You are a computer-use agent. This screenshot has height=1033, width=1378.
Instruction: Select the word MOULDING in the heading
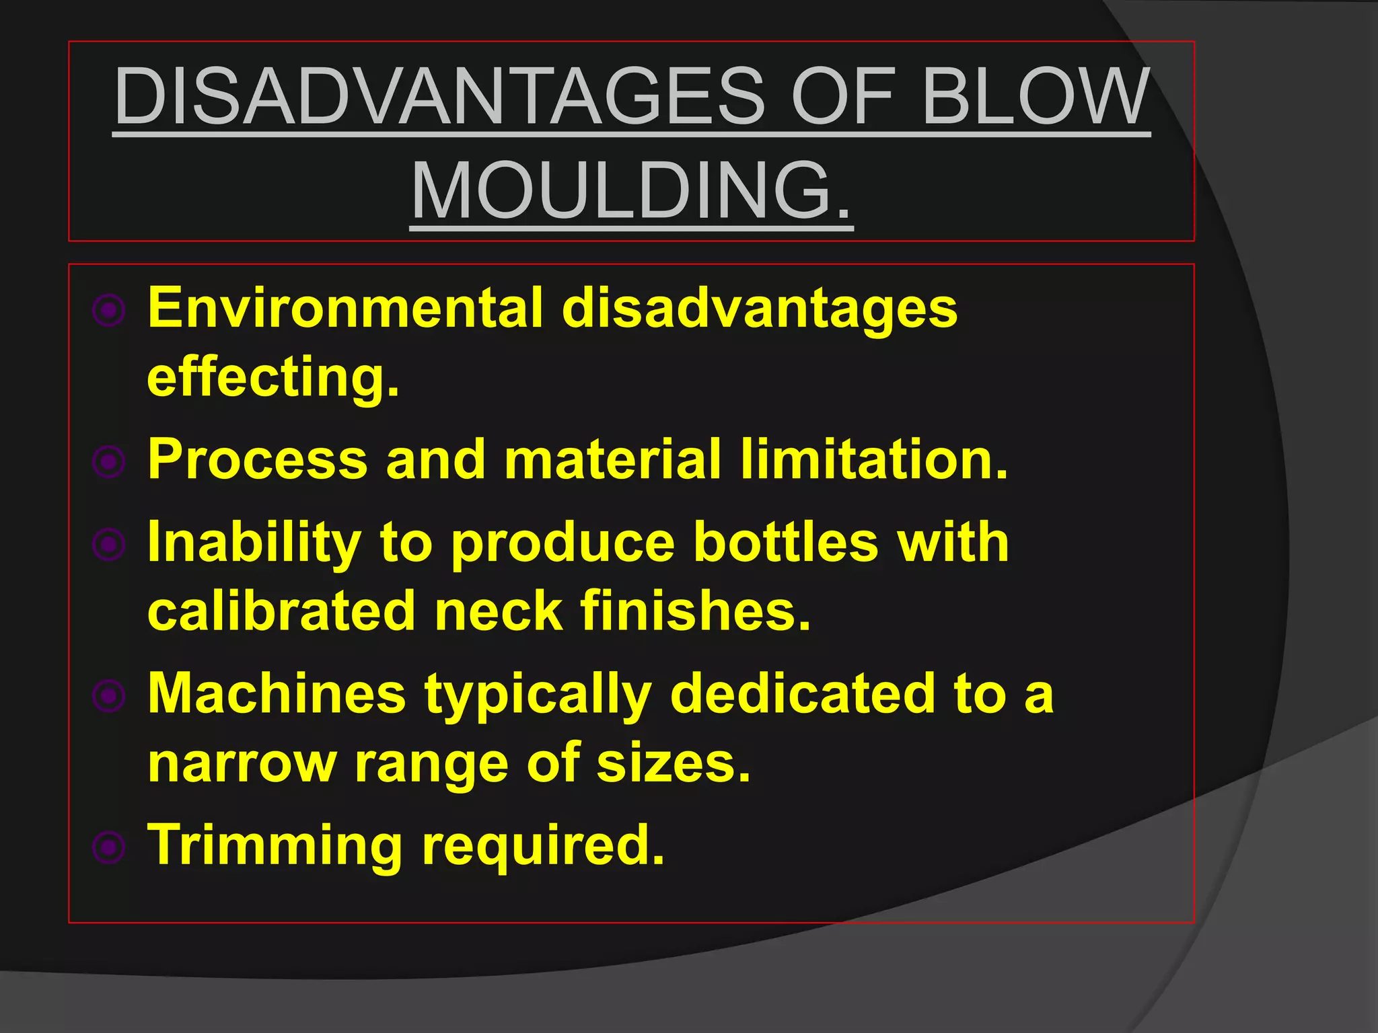click(x=631, y=192)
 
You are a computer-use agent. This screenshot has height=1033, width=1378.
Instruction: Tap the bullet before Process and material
click(x=109, y=461)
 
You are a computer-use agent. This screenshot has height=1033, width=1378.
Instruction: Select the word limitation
click(x=874, y=459)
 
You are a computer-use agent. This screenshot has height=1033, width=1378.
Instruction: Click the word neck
click(x=499, y=611)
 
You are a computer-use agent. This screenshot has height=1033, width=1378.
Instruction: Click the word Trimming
click(x=275, y=846)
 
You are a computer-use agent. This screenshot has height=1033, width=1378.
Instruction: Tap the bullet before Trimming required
click(x=109, y=847)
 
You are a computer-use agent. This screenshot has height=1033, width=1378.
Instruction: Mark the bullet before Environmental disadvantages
click(x=109, y=311)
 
